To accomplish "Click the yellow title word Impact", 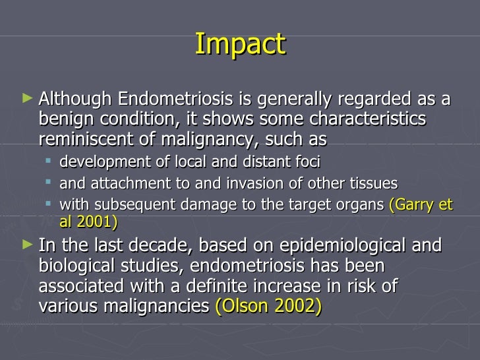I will tap(240, 44).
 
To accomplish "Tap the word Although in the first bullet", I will tap(76, 100).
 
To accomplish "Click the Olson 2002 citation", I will tap(268, 306).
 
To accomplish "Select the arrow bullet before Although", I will tap(26, 99).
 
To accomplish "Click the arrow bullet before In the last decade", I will tap(26, 245).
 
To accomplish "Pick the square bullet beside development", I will tap(49, 162).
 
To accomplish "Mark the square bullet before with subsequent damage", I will tap(49, 204).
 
